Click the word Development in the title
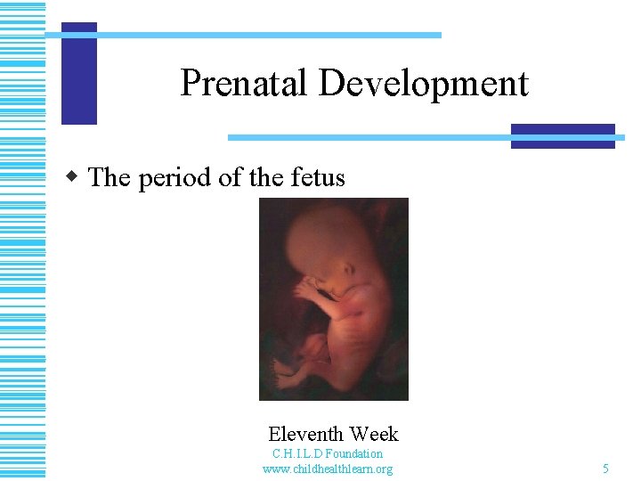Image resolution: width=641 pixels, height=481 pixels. [423, 84]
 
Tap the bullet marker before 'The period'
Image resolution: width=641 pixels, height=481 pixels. [77, 175]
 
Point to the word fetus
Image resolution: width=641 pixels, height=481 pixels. [318, 177]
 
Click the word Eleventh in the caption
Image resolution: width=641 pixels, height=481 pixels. [305, 435]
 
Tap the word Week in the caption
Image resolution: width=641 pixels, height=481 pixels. [374, 435]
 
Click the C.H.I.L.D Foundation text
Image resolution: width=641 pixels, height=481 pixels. [328, 453]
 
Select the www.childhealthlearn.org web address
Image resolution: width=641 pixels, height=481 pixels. [328, 469]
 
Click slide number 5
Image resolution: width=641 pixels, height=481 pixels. [605, 469]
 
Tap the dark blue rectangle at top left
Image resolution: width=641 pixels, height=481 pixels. [79, 73]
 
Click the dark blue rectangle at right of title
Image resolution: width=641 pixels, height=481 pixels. [563, 135]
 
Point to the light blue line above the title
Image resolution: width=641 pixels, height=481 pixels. [267, 35]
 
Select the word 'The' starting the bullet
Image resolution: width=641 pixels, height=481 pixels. [110, 177]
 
